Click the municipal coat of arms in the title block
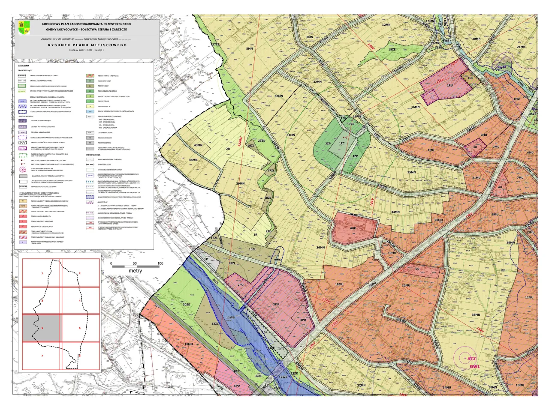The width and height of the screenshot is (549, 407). (24, 28)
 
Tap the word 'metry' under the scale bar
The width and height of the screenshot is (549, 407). (135, 271)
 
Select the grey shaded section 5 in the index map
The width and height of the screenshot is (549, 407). (42, 328)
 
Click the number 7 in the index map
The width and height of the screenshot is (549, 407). (42, 356)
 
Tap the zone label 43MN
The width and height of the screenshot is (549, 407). (198, 145)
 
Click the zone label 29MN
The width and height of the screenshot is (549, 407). (240, 184)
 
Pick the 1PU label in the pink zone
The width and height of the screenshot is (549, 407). (450, 86)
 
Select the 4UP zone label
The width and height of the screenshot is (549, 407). (353, 228)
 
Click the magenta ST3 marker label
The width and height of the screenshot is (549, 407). (472, 359)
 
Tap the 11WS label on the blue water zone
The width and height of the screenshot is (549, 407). (230, 317)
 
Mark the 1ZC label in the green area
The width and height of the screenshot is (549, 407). (342, 143)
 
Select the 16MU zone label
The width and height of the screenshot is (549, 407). (189, 344)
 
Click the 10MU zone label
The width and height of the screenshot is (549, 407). (406, 285)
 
